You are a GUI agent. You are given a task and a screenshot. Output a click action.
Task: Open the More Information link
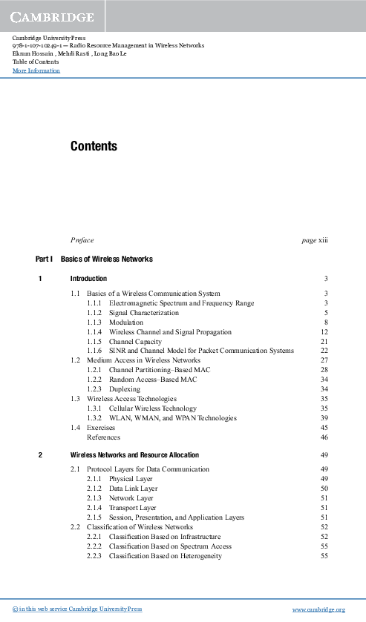click(36, 71)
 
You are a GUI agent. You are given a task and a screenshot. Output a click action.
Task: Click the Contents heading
click(94, 147)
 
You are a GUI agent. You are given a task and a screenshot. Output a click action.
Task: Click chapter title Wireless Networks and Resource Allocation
click(134, 454)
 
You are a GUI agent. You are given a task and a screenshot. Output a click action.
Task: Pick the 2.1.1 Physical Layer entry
click(131, 479)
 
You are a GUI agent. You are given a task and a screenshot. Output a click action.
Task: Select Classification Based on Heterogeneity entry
click(165, 555)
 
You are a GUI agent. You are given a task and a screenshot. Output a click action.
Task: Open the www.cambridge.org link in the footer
click(319, 609)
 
